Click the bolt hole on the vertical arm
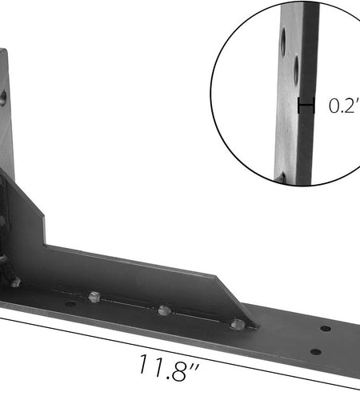pyautogui.click(x=2, y=99)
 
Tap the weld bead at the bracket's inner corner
pyautogui.click(x=14, y=282)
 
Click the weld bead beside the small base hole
pyautogui.click(x=94, y=297)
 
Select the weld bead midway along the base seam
pyautogui.click(x=164, y=310)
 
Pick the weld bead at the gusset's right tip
pyautogui.click(x=237, y=324)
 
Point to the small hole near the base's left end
pyautogui.click(x=70, y=304)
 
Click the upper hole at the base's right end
pyautogui.click(x=326, y=329)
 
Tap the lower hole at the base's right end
pyautogui.click(x=315, y=351)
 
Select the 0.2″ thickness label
pyautogui.click(x=344, y=106)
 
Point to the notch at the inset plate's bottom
pyautogui.click(x=282, y=178)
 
